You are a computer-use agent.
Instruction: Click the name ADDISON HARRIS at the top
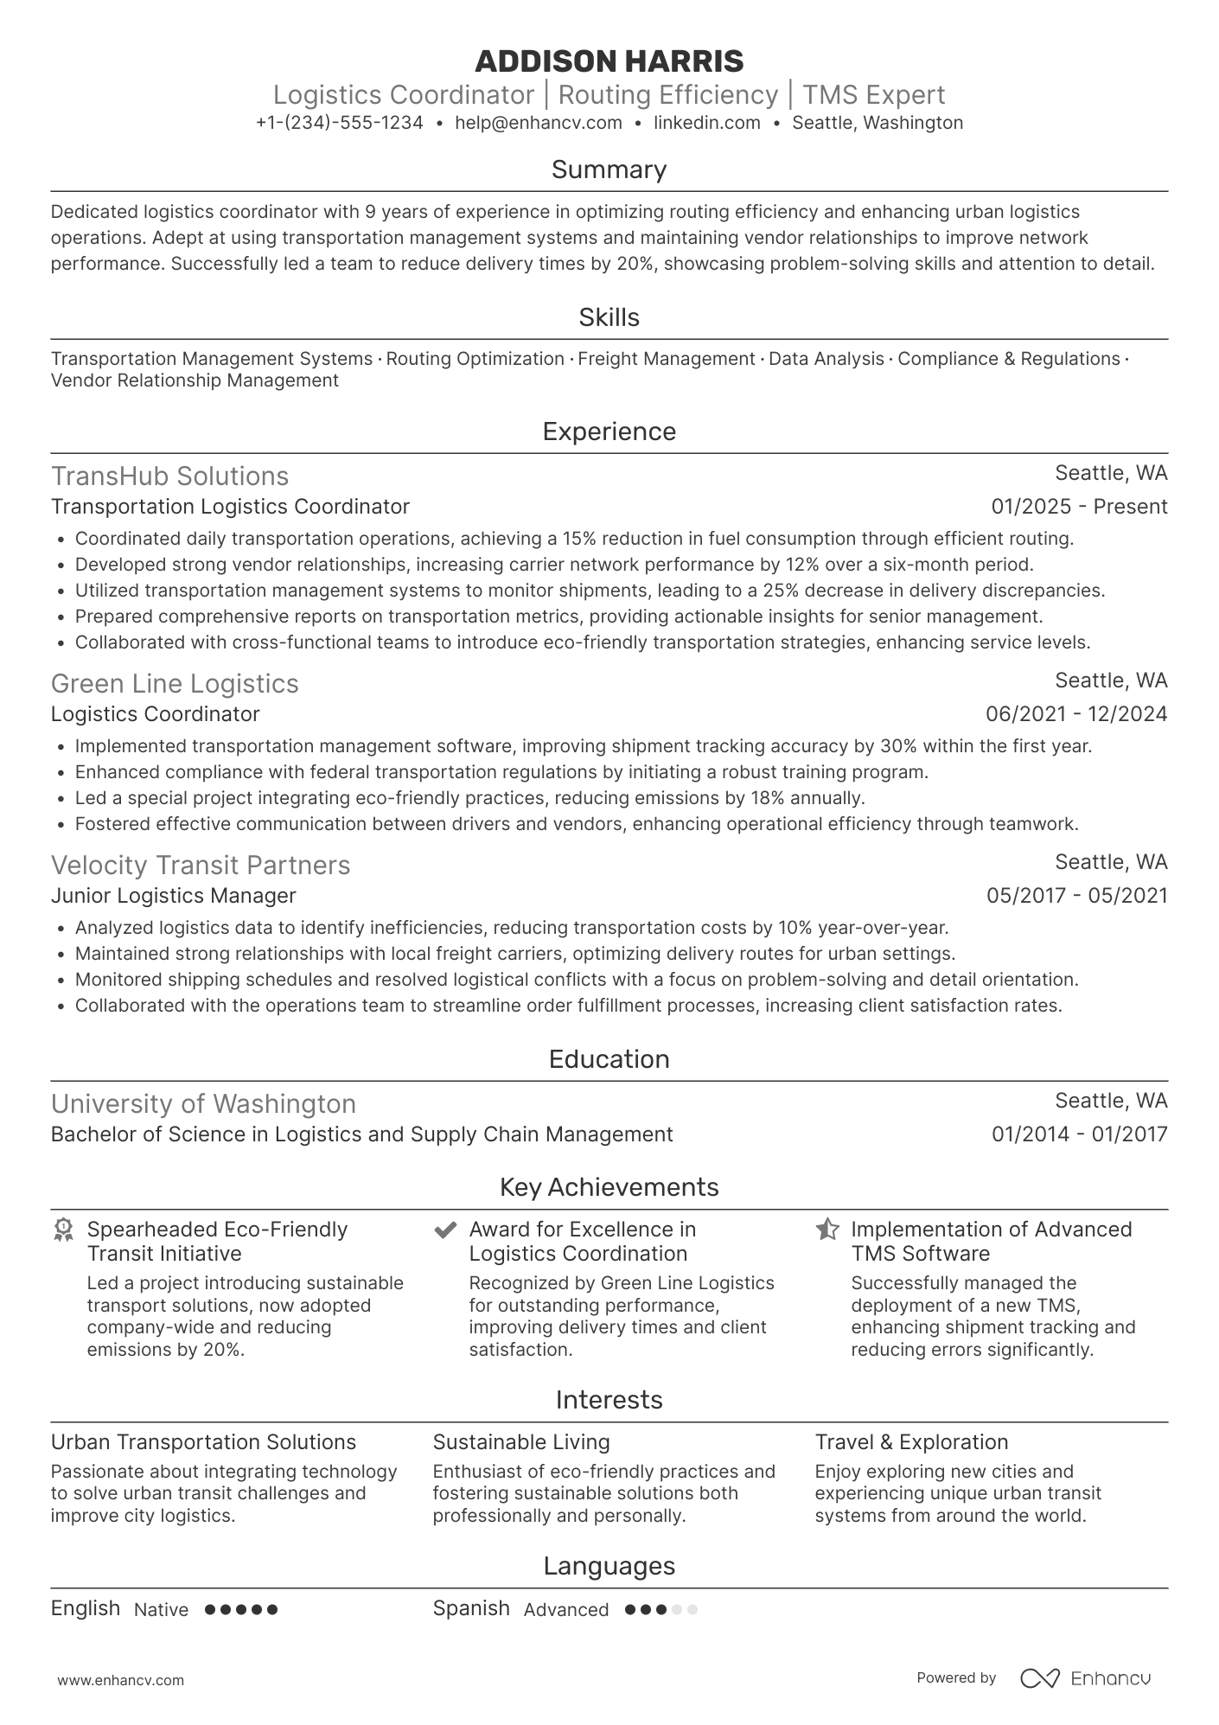609,61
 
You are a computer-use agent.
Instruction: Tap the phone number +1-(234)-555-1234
340,123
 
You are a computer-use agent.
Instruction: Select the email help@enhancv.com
539,123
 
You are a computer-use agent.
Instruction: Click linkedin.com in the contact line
706,123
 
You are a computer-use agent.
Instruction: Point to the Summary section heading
609,169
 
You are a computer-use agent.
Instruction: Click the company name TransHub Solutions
169,476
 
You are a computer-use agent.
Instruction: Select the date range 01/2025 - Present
1079,507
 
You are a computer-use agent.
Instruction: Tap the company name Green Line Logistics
175,684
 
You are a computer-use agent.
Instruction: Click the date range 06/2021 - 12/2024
1076,714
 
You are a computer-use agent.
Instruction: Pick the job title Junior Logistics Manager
173,896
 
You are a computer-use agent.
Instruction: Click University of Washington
203,1104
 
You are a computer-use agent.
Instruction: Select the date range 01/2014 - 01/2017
1079,1134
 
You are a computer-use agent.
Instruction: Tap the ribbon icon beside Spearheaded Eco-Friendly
63,1230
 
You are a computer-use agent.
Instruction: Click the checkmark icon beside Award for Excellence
445,1230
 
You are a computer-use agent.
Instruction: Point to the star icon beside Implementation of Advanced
827,1230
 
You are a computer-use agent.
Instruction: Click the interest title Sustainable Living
521,1442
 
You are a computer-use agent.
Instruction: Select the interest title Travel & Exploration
911,1442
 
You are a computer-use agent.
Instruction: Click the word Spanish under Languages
471,1608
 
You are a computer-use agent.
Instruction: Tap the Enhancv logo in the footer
1085,1678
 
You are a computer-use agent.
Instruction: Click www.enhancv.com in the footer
120,1680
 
